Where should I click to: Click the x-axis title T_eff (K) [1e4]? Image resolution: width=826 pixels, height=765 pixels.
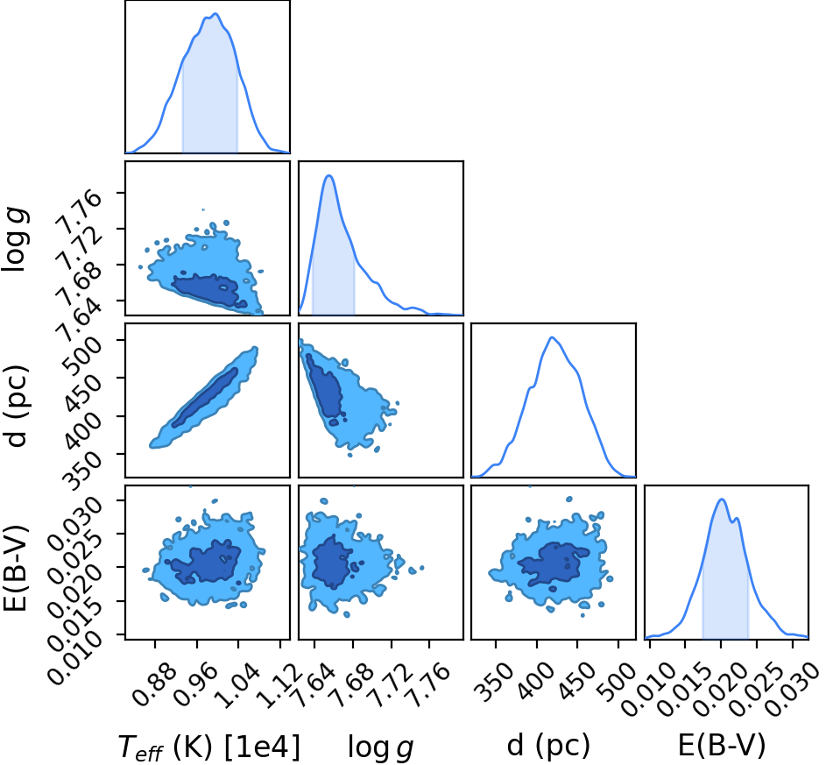point(210,747)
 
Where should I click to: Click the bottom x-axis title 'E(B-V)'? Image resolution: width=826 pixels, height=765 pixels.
point(721,746)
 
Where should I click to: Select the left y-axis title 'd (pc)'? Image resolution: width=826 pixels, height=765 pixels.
point(17,405)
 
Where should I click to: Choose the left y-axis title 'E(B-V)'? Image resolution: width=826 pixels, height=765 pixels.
point(15,569)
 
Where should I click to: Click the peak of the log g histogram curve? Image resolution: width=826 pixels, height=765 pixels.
point(328,175)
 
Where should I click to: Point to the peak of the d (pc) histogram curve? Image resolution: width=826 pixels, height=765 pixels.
point(552,337)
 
